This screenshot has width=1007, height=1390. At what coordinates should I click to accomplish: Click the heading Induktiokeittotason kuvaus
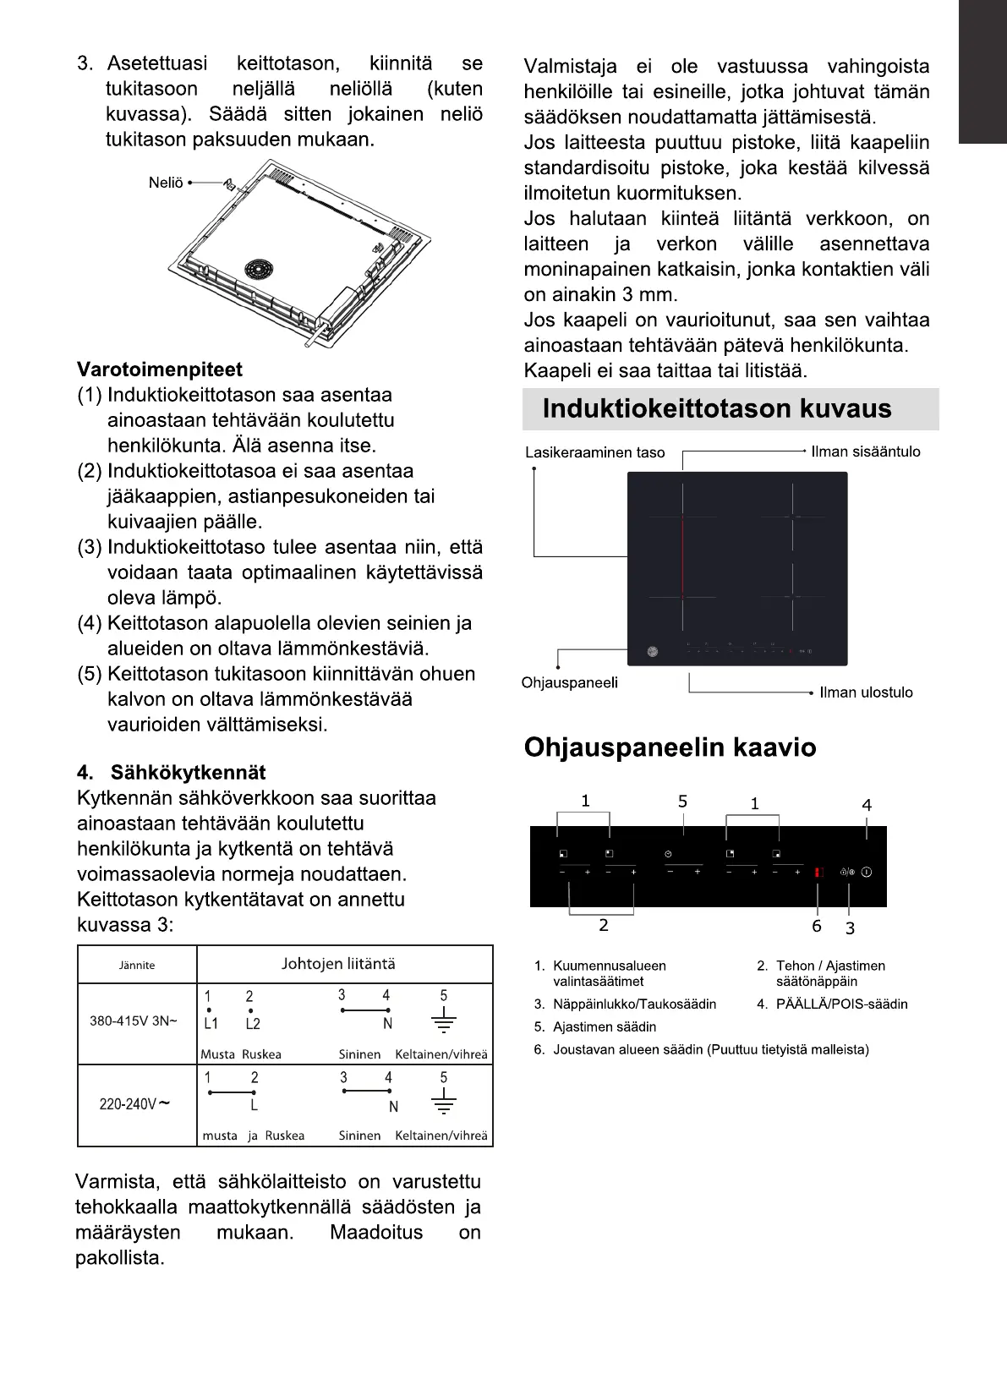(716, 409)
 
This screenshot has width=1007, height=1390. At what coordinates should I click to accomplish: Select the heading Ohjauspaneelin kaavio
(670, 748)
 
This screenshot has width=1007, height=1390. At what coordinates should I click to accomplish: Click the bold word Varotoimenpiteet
(159, 369)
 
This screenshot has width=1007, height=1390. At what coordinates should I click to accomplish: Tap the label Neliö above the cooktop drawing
(166, 183)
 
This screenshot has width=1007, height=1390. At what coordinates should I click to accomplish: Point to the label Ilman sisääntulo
(865, 451)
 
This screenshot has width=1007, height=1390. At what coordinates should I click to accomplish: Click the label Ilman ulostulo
(866, 692)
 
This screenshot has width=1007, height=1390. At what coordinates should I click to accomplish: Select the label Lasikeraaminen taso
(594, 452)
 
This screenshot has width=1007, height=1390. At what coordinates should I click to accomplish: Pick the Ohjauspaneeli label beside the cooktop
(569, 682)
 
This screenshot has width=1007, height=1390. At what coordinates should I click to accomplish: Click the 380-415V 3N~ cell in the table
(134, 1021)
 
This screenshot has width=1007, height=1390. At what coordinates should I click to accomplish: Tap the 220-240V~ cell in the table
(134, 1104)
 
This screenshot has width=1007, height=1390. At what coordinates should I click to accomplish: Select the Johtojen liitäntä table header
(337, 964)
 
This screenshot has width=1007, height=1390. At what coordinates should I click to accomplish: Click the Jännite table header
(137, 965)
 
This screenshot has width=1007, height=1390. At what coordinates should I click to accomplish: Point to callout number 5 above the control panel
(682, 802)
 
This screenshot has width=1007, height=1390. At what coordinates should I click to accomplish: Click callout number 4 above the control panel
(867, 805)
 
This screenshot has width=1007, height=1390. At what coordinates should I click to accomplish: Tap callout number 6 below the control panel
(817, 926)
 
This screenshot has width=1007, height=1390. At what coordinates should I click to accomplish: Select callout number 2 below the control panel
(603, 925)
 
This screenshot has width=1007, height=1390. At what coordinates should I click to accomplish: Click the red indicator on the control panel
(818, 873)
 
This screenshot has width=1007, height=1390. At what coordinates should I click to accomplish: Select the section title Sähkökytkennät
(188, 773)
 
